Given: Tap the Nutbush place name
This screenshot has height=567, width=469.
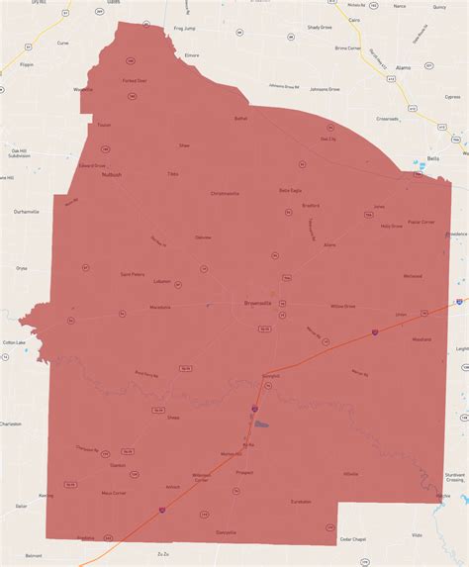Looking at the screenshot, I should click(111, 175).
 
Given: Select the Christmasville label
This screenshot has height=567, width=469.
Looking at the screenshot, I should click(225, 193).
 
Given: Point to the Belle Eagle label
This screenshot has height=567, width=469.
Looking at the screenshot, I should click(290, 190).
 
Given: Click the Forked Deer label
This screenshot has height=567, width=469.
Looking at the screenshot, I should click(135, 80).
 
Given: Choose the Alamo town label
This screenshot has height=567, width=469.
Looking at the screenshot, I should click(403, 67).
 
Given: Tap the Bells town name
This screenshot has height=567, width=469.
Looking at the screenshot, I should click(432, 158).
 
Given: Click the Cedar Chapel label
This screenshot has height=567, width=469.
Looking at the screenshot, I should click(353, 538).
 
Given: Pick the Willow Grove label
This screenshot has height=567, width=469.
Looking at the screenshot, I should click(343, 307).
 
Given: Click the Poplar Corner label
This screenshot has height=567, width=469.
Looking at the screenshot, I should click(422, 222).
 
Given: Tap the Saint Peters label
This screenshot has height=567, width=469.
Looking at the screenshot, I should click(133, 273).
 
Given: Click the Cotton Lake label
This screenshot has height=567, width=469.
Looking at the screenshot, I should click(14, 341).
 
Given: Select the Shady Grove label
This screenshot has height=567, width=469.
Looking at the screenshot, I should click(320, 28).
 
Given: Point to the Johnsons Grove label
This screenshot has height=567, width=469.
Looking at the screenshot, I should click(285, 86).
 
